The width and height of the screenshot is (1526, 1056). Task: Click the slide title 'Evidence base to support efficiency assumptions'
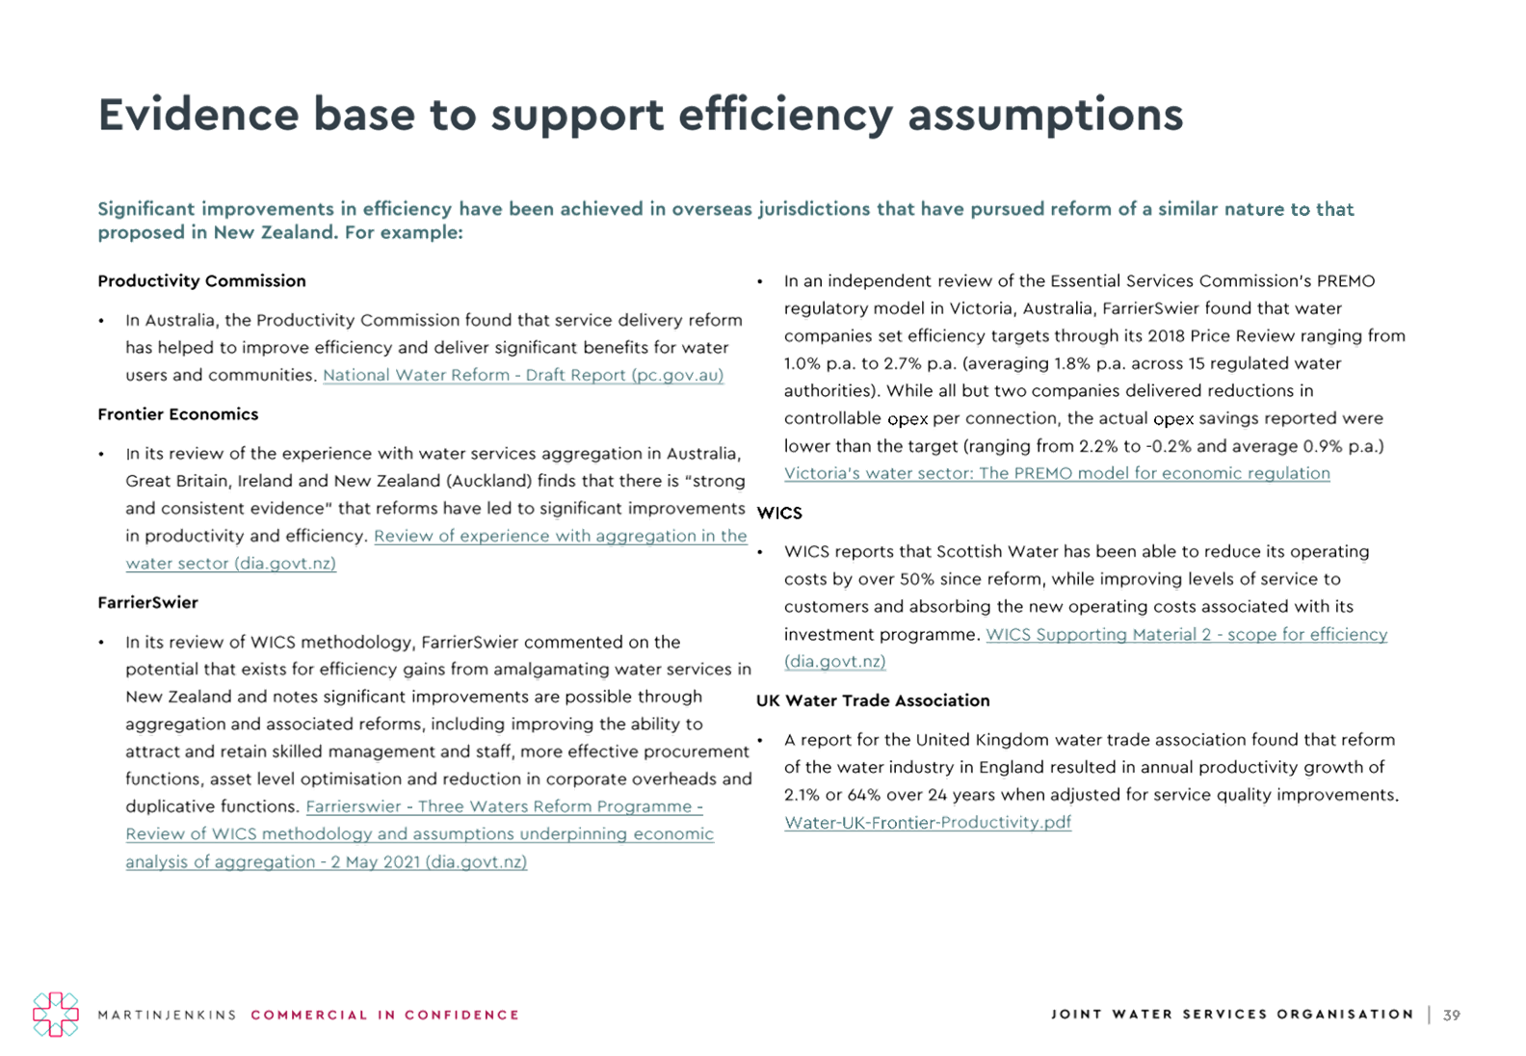pos(641,115)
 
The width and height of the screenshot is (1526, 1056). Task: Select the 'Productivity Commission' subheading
pos(201,281)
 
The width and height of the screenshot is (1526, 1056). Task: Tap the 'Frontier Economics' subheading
pos(178,415)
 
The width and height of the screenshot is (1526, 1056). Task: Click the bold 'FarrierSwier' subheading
pos(147,603)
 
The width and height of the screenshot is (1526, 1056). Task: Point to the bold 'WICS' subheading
pos(779,513)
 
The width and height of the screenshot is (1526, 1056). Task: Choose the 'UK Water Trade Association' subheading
pos(873,701)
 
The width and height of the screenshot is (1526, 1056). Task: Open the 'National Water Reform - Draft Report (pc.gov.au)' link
pos(523,376)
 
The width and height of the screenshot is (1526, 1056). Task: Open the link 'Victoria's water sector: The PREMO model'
pos(1057,473)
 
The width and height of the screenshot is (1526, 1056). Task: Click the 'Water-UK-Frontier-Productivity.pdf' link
pos(928,823)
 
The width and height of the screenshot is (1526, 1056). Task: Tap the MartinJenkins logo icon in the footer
pos(56,1015)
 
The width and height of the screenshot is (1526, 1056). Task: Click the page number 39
pos(1452,1016)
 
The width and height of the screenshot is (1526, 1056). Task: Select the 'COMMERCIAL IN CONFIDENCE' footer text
pos(385,1016)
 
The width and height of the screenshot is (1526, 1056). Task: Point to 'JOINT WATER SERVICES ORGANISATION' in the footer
pos(1232,1015)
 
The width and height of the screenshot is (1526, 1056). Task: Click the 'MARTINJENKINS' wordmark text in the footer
pos(167,1016)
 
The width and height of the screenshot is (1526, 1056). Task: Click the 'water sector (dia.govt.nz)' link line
pos(231,564)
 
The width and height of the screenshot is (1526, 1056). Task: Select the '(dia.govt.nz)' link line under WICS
pos(834,662)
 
